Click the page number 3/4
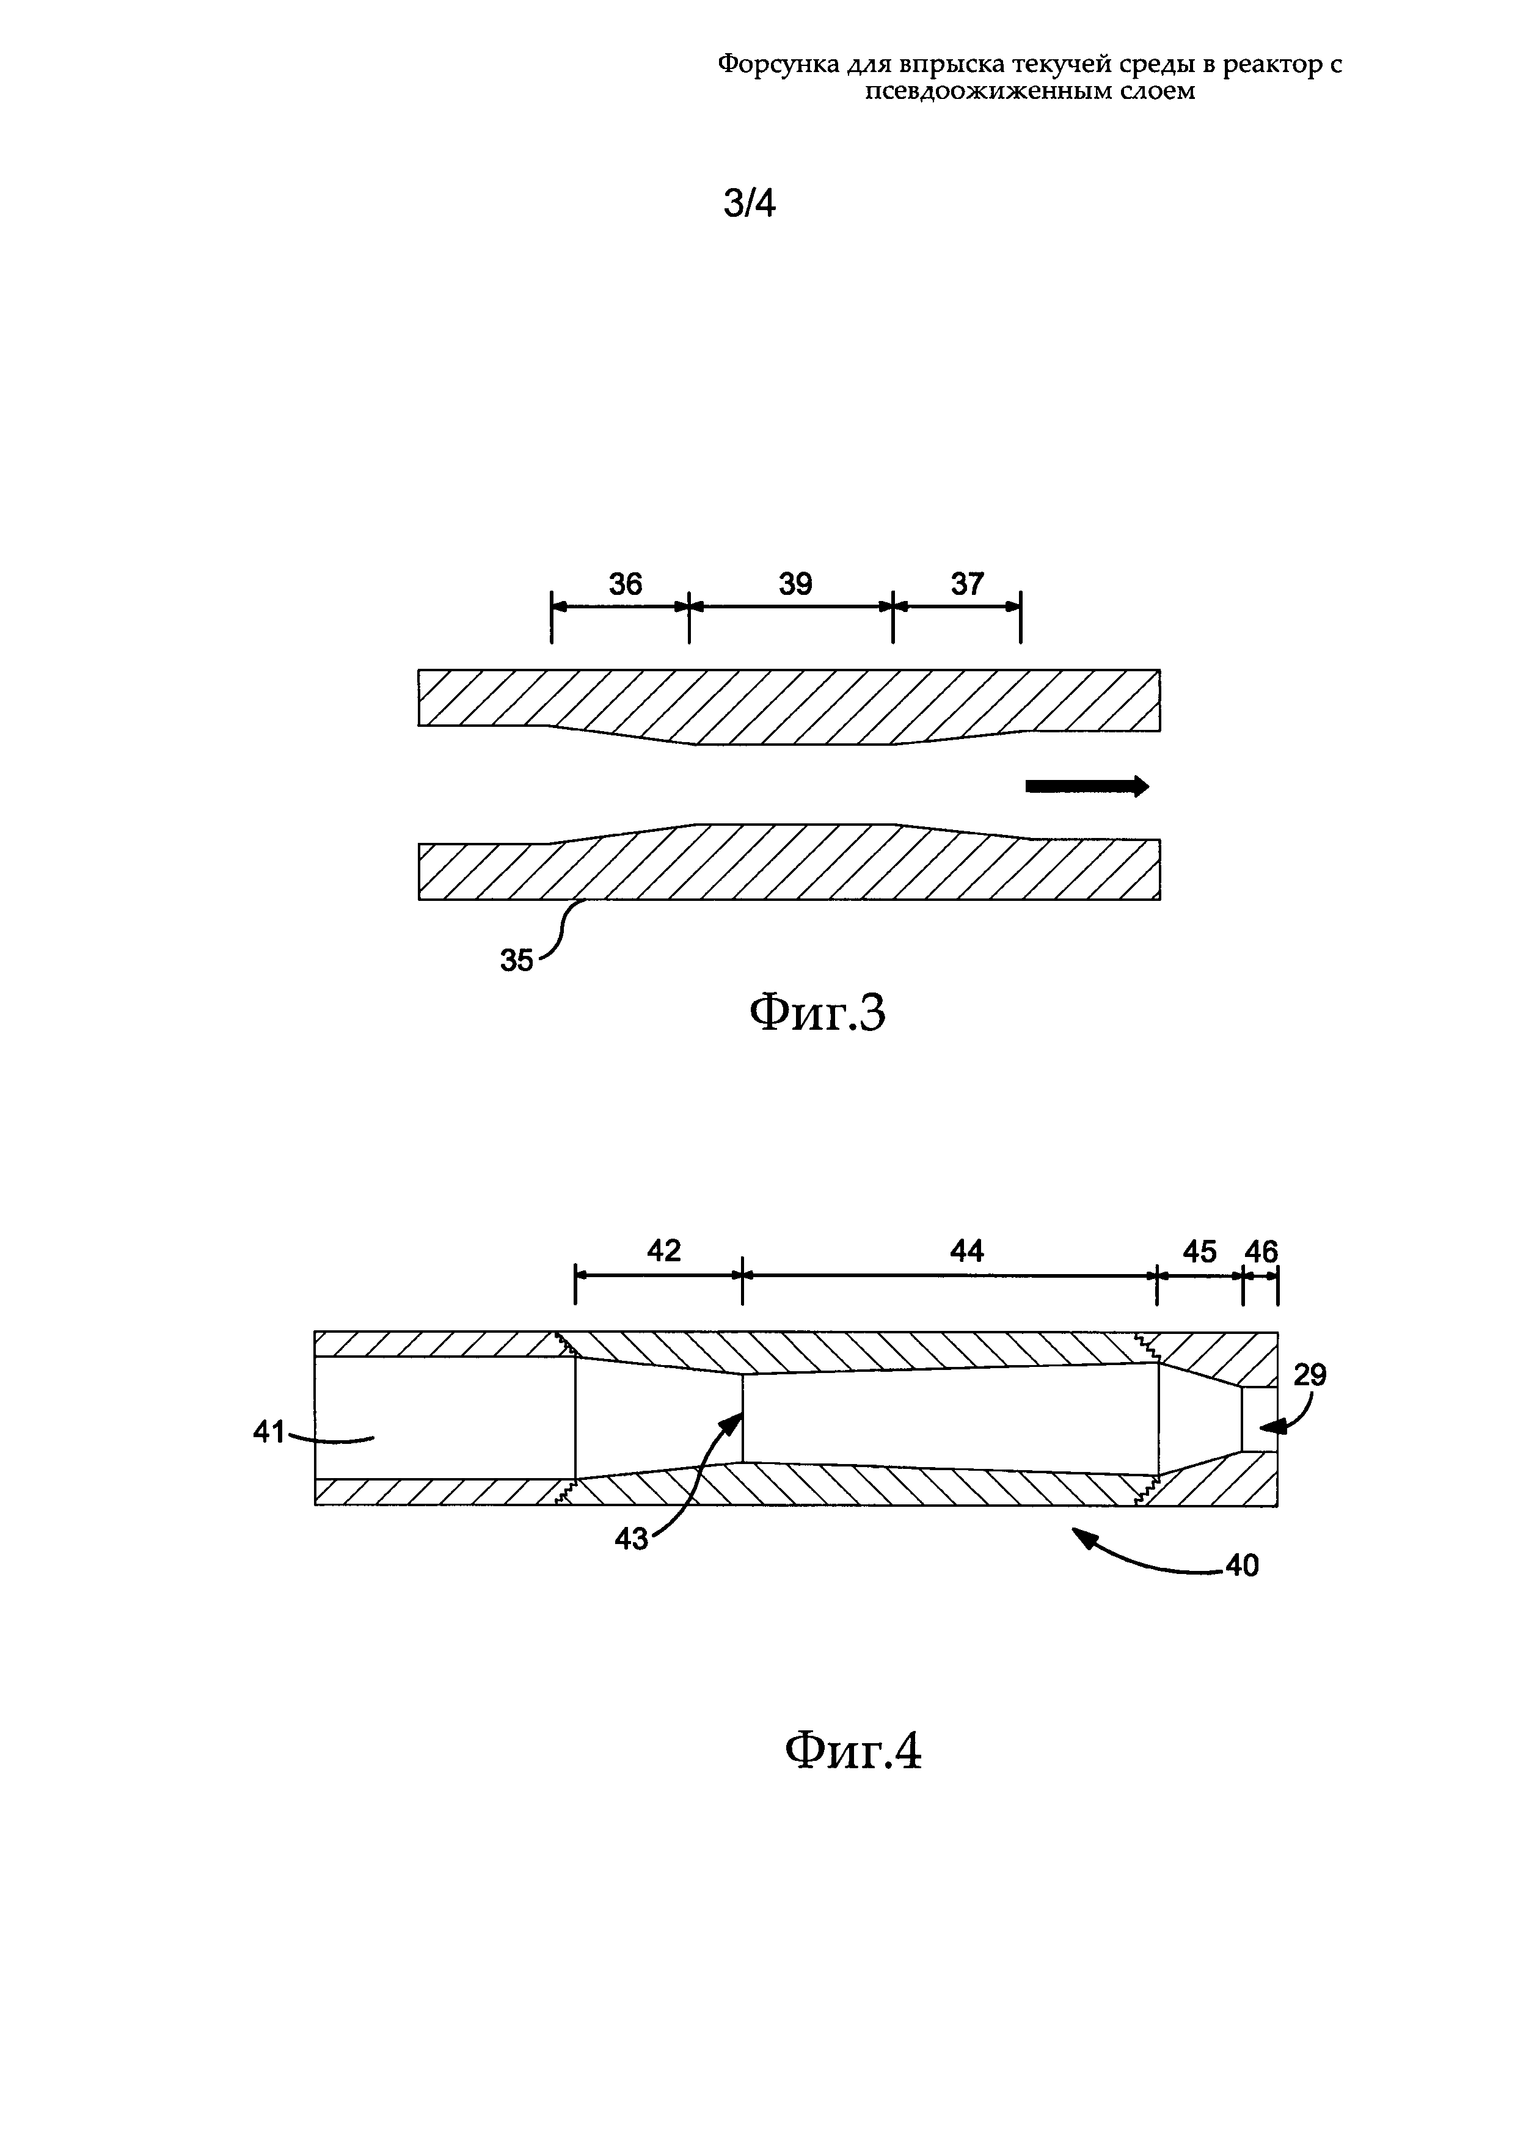pos(749,203)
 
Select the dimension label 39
pos(796,584)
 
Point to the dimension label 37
pos(968,584)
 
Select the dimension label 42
pos(664,1250)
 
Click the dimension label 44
pos(966,1250)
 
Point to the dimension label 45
pos(1200,1251)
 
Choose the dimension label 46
pos(1261,1251)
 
